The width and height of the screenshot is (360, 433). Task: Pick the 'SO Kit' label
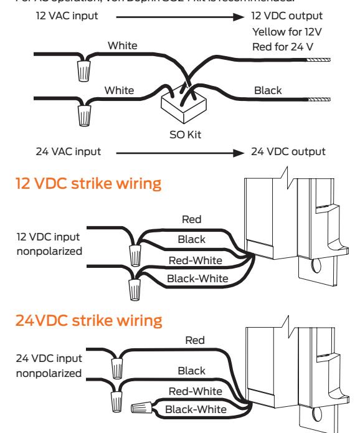(186, 133)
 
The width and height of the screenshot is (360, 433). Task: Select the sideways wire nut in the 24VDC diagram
(143, 408)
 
